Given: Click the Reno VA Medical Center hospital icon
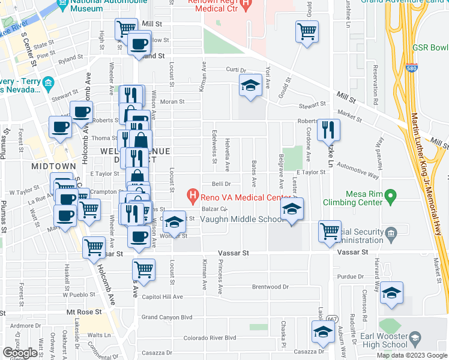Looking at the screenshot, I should (193, 196).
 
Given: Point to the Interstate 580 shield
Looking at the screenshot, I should (412, 69).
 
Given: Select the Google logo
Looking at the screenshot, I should (20, 353).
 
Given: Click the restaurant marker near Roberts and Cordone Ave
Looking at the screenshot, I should (328, 129).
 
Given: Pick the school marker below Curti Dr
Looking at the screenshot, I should (250, 85).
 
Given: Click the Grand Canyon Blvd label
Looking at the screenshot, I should (167, 317).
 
